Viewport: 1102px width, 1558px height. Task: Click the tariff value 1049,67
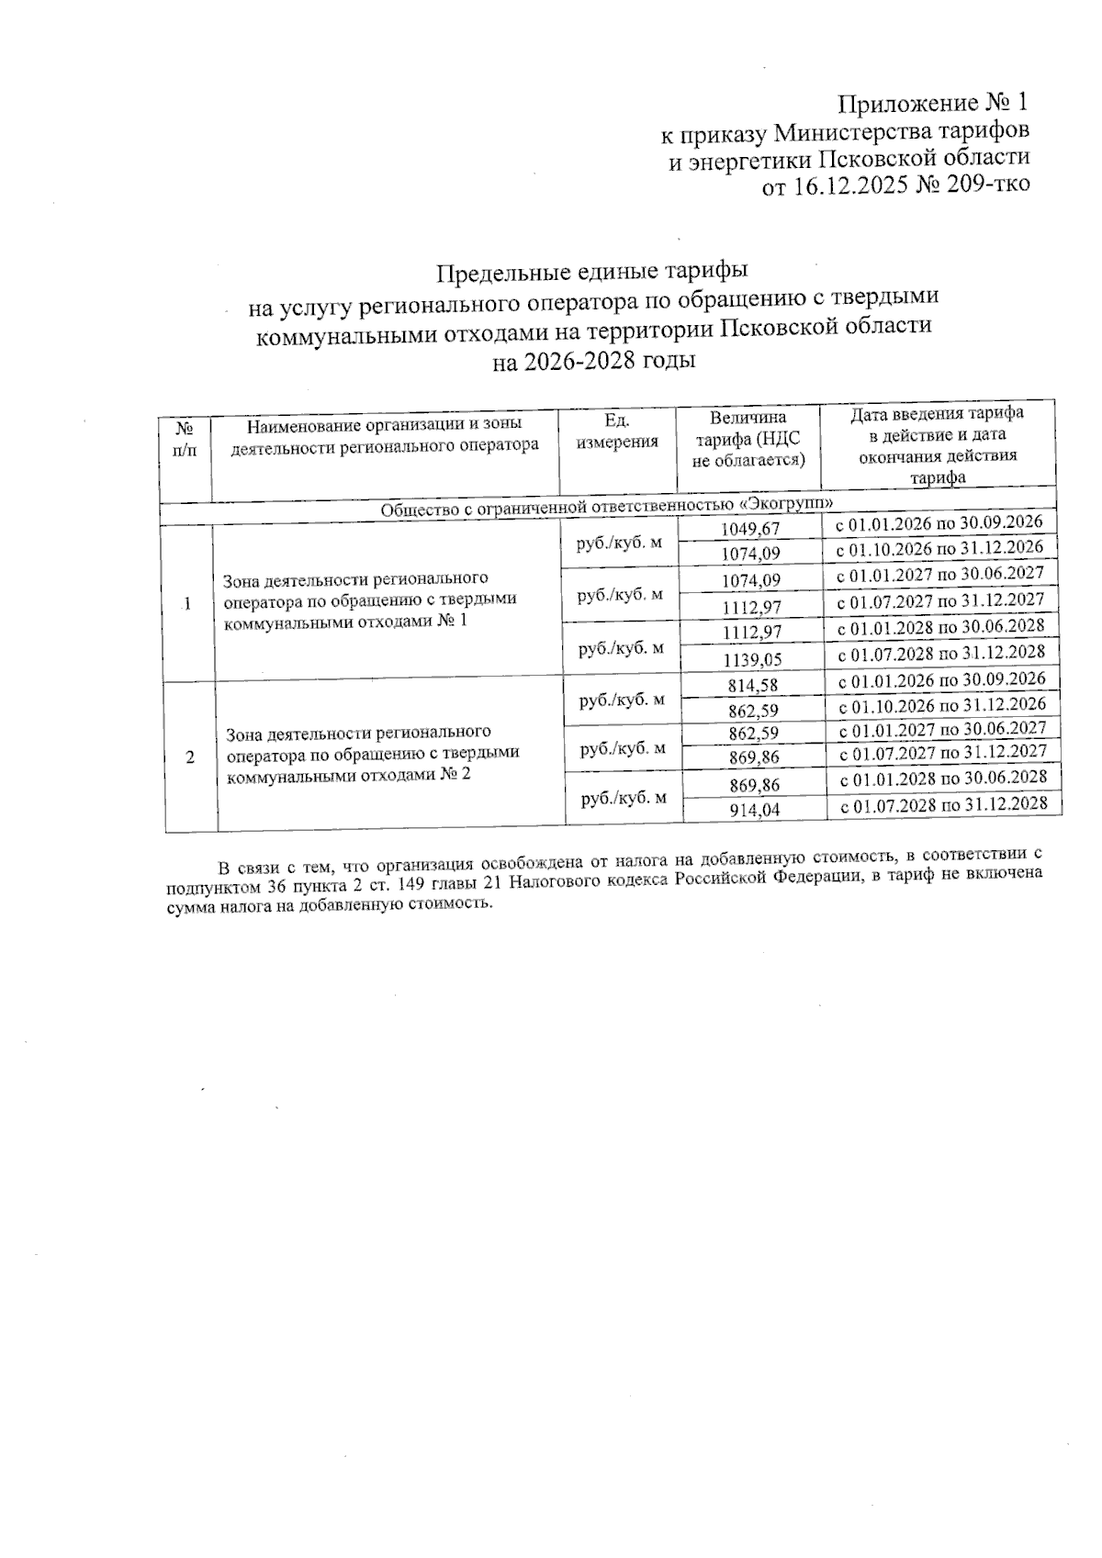point(749,530)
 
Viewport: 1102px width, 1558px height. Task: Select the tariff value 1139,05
point(751,659)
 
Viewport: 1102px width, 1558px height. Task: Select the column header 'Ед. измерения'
point(616,432)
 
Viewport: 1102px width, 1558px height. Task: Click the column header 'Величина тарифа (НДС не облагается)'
point(748,439)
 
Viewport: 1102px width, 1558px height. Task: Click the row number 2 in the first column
point(190,758)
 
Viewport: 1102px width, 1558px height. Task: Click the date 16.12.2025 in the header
point(841,186)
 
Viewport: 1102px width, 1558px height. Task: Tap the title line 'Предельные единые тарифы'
point(592,273)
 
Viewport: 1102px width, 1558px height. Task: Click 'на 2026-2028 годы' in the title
point(593,362)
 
